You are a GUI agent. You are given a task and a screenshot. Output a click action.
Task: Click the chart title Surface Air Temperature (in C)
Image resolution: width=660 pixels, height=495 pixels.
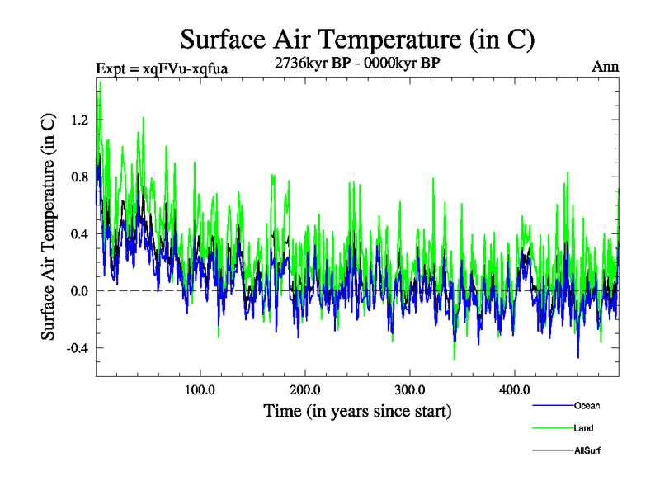[358, 39]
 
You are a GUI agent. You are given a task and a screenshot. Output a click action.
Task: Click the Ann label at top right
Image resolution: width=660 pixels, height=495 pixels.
[606, 66]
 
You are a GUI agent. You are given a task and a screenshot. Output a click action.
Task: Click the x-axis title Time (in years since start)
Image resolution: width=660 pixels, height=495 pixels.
[357, 411]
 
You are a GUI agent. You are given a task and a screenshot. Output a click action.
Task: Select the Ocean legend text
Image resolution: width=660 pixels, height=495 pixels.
[586, 406]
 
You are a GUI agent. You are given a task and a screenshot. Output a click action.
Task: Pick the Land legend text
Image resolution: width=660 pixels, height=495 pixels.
[583, 428]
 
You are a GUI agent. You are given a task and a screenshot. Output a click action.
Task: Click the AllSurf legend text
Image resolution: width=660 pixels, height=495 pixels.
[587, 451]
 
